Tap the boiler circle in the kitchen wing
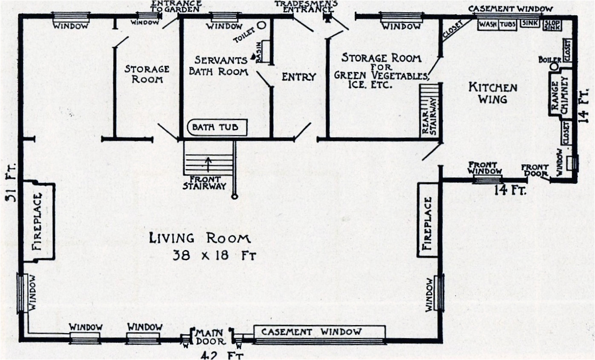pos(555,67)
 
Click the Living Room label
pos(199,238)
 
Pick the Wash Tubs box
pos(497,24)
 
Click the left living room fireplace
pos(38,221)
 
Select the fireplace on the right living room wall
pos(428,220)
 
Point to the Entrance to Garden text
pos(175,6)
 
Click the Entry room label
pos(299,77)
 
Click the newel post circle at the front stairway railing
pos(234,196)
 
